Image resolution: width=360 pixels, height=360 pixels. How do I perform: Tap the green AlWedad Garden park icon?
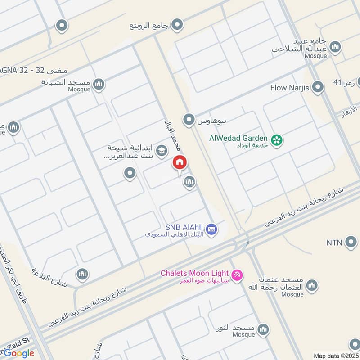tap(277, 139)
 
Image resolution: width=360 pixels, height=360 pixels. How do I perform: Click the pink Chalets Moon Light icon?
tap(237, 274)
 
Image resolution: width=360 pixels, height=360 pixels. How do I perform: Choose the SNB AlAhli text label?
tap(184, 227)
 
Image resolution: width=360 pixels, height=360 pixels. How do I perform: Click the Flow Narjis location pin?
tap(318, 87)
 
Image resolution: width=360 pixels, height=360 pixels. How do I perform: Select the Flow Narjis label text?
tap(289, 88)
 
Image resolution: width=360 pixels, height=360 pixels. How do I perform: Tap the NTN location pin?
tap(351, 243)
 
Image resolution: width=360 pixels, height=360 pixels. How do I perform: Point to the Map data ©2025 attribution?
tap(336, 355)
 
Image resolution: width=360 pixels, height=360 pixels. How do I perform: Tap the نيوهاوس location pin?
tap(189, 120)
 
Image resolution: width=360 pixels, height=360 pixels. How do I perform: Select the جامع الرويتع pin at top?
tap(178, 24)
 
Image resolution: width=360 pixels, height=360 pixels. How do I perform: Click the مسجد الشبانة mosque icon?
tap(99, 84)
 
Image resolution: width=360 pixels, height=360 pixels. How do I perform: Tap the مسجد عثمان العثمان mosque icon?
tap(311, 285)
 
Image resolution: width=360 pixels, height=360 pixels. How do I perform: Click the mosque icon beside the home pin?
tap(189, 182)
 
